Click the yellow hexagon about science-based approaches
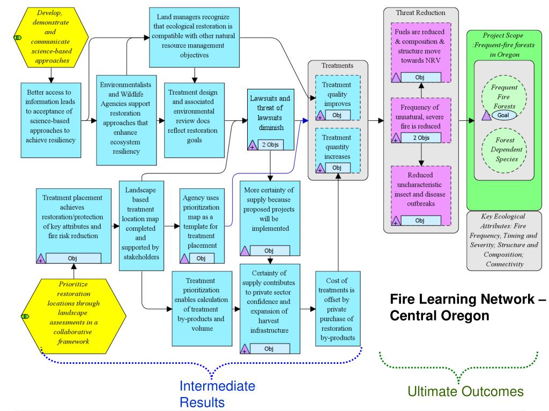click(x=51, y=37)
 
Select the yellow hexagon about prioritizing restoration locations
click(x=73, y=316)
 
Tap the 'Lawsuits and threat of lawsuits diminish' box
click(x=270, y=119)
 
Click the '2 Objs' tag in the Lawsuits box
click(x=270, y=144)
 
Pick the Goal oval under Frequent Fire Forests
click(x=503, y=115)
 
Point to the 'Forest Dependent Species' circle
click(x=504, y=150)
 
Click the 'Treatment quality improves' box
click(x=338, y=98)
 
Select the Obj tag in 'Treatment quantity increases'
click(x=337, y=168)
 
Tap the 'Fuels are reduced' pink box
click(x=421, y=52)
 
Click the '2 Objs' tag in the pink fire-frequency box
click(x=421, y=138)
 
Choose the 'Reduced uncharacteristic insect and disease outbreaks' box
click(x=421, y=196)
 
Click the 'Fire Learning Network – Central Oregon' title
click(x=468, y=307)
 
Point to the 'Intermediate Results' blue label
click(x=218, y=394)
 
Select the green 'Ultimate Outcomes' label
click(x=466, y=391)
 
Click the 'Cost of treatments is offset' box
click(x=338, y=309)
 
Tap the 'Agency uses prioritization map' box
click(x=202, y=226)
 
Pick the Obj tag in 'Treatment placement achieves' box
click(x=73, y=258)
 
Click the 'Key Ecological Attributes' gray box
click(x=504, y=240)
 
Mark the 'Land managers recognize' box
click(x=194, y=37)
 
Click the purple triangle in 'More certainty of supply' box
click(x=244, y=250)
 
